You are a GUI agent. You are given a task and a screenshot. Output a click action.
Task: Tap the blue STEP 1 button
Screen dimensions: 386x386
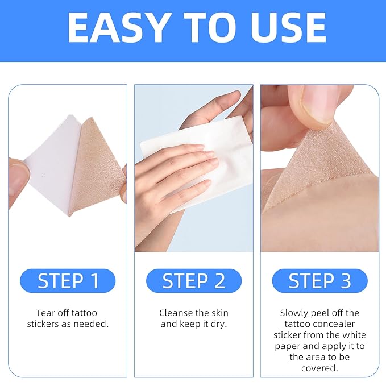[x=68, y=281]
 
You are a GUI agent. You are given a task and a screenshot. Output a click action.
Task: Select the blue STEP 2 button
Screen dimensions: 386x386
[x=193, y=281]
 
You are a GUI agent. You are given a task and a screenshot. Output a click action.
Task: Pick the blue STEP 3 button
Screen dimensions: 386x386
[x=319, y=281]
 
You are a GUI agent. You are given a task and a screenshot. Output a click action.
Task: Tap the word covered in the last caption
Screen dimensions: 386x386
[x=319, y=368]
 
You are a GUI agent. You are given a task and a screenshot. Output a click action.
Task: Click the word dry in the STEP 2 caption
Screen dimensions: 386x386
[x=219, y=324]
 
